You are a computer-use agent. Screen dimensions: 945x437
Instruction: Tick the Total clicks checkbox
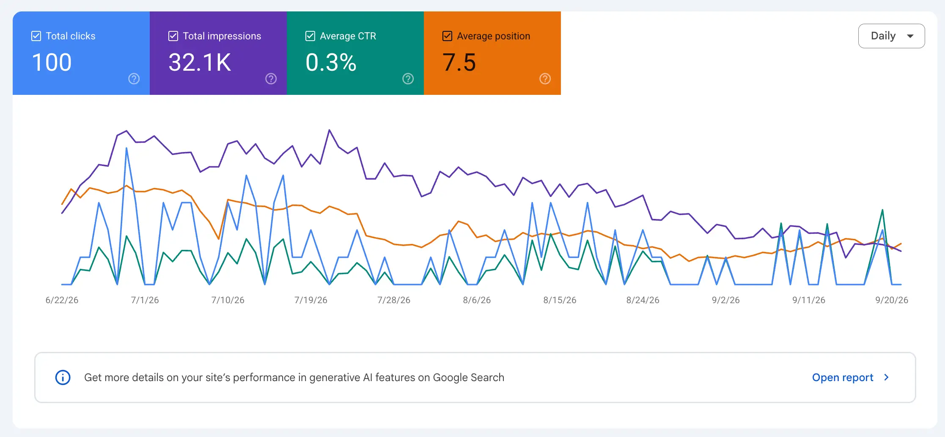(x=36, y=36)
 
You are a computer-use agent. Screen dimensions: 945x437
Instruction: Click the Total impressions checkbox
(x=173, y=36)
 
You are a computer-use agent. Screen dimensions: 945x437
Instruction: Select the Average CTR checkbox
(x=310, y=36)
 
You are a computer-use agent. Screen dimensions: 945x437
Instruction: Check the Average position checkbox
(x=447, y=36)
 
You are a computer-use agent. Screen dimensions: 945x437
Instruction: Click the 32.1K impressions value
(x=200, y=62)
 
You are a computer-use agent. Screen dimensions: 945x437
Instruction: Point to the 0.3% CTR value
(x=331, y=62)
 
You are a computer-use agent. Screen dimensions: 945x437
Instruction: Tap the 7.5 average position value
(x=459, y=62)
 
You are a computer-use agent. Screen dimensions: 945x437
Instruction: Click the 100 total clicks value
(x=52, y=62)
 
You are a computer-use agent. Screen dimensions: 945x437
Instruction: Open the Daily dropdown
(x=891, y=36)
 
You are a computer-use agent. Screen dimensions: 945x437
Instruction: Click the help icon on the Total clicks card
(x=134, y=79)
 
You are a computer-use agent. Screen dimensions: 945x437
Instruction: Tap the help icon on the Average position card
(x=545, y=79)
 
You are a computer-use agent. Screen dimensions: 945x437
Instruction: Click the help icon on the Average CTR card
(x=408, y=79)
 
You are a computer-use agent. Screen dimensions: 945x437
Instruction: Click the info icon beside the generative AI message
(x=63, y=377)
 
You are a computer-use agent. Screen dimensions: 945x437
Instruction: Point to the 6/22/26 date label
(x=62, y=300)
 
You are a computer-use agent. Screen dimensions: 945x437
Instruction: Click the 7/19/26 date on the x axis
(x=311, y=300)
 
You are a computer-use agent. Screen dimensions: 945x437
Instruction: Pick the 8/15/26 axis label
(x=560, y=300)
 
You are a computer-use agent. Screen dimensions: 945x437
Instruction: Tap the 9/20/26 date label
(x=892, y=300)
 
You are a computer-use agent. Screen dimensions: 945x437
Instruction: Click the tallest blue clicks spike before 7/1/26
(x=126, y=148)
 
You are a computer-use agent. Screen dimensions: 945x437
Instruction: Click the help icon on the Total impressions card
(x=271, y=79)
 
